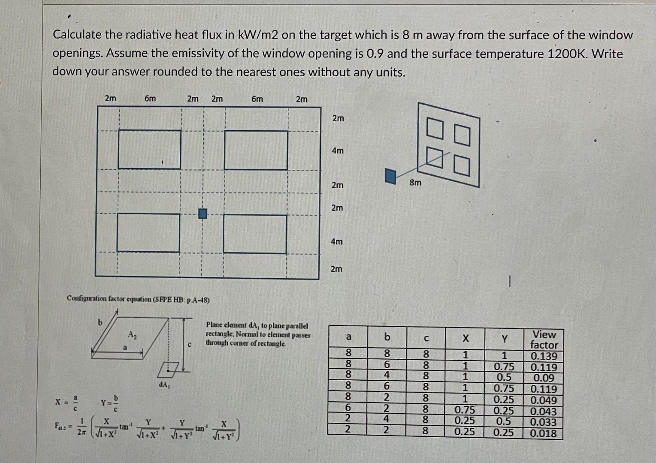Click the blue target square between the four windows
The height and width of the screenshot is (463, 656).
(x=203, y=213)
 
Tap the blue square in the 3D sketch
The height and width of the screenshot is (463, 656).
(x=390, y=176)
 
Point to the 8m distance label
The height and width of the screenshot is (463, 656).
(x=415, y=183)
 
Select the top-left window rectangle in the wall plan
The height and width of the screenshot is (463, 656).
(x=149, y=149)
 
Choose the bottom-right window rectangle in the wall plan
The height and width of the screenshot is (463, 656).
(x=255, y=234)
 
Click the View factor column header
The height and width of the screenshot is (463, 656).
(x=544, y=340)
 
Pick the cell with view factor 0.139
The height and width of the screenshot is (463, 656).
(x=544, y=356)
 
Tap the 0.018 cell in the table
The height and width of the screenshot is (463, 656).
(x=544, y=433)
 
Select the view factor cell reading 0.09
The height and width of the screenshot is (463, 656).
(x=544, y=378)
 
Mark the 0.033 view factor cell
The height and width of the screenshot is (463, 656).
(x=544, y=422)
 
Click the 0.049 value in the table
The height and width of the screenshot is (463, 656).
(x=544, y=400)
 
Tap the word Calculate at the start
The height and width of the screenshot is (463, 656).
(x=77, y=35)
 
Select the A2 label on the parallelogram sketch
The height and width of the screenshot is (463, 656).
(x=132, y=334)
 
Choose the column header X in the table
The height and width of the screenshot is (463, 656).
(x=465, y=339)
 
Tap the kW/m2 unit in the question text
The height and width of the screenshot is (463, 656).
(x=257, y=35)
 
